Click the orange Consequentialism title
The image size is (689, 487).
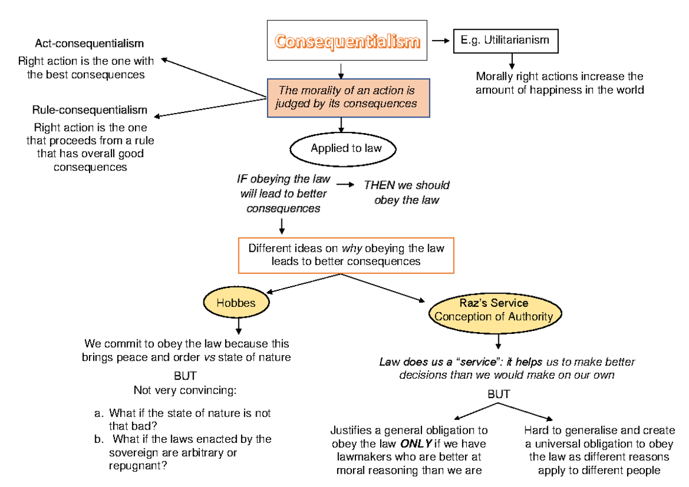click(x=347, y=41)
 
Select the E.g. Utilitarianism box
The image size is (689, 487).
click(x=505, y=41)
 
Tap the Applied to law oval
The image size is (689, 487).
click(x=346, y=149)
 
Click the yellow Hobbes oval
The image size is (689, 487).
click(x=236, y=303)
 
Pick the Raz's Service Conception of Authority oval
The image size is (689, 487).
click(x=493, y=310)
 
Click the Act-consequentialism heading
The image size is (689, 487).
click(x=89, y=44)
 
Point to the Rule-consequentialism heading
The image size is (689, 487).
click(x=90, y=110)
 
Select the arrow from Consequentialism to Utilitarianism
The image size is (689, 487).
click(x=441, y=41)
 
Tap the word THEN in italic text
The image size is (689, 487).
click(x=379, y=185)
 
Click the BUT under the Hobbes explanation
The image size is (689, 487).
click(x=185, y=376)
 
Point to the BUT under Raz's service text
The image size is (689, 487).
click(x=498, y=395)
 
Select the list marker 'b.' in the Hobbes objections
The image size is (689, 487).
click(x=99, y=439)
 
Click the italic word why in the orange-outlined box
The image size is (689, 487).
click(x=351, y=248)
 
